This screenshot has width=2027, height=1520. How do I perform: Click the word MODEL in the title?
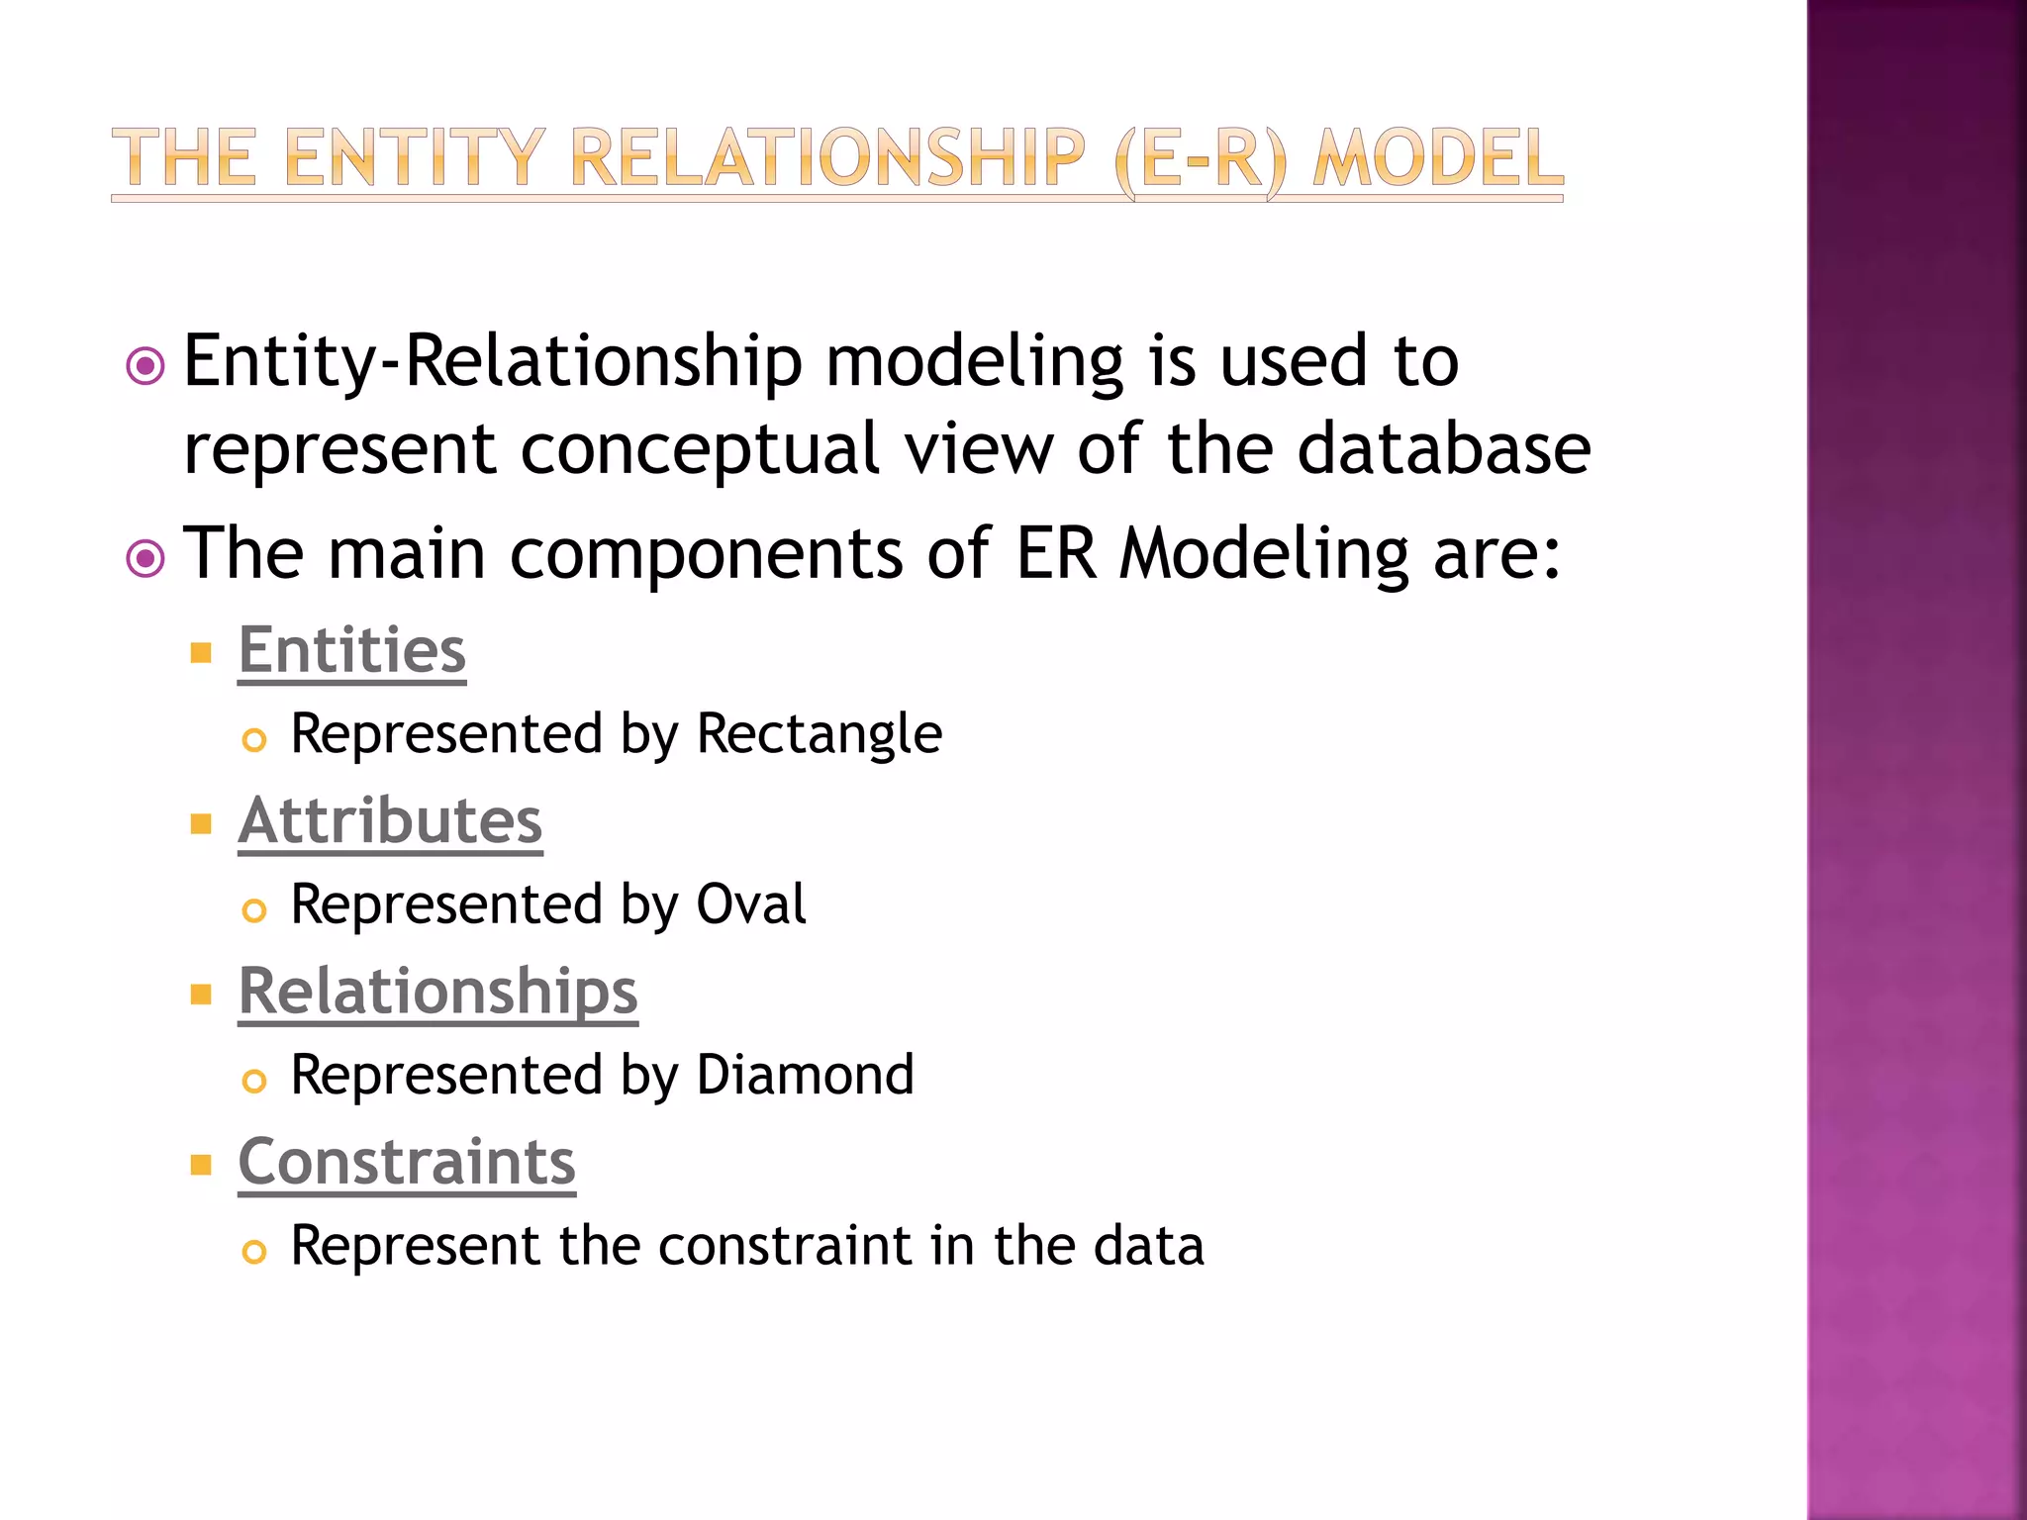[x=1438, y=158]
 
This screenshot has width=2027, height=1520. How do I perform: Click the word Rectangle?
[x=819, y=735]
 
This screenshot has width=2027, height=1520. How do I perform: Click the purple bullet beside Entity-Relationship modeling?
[x=145, y=367]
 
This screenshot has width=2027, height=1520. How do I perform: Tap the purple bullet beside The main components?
[x=145, y=559]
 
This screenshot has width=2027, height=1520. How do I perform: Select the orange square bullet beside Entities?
[x=202, y=653]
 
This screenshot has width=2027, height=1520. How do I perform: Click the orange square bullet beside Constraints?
[x=202, y=1165]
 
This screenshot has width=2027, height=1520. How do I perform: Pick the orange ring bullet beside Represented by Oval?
[x=254, y=910]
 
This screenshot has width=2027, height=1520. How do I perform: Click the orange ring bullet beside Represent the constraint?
[x=254, y=1252]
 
